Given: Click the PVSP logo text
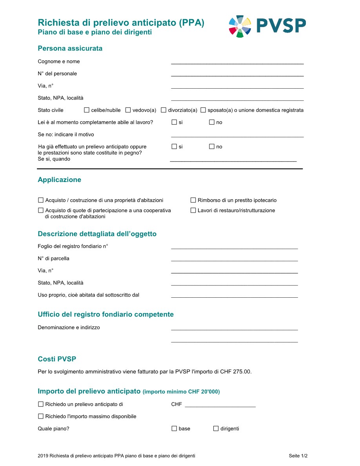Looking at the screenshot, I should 281,26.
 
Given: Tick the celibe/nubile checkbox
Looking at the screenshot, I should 87,110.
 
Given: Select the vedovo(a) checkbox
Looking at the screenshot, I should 128,110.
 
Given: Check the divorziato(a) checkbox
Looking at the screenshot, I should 164,110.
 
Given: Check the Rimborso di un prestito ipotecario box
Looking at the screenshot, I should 193,200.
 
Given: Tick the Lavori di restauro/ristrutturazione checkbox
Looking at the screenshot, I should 193,211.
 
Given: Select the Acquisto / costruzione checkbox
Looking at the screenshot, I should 41,200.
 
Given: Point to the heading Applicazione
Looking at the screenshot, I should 60,180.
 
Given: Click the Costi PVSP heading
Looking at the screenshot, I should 57,359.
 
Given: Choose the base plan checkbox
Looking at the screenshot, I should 175,429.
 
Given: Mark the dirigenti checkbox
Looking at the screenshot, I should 216,429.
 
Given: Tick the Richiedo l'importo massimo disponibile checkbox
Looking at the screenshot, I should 41,417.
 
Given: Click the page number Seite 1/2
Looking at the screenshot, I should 298,456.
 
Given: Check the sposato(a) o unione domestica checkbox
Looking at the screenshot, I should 203,110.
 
